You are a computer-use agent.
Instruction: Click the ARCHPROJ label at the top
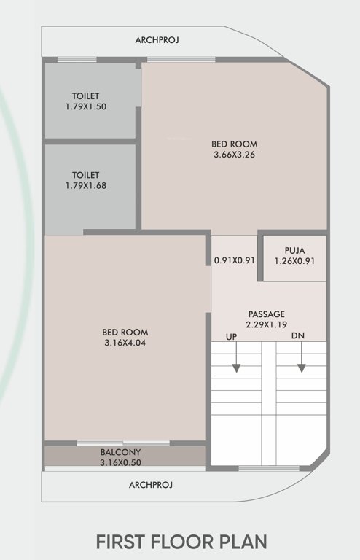pyautogui.click(x=157, y=39)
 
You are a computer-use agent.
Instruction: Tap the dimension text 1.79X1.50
pyautogui.click(x=86, y=106)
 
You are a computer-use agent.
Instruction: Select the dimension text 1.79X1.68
pyautogui.click(x=86, y=186)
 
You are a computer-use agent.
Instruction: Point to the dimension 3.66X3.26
pyautogui.click(x=234, y=155)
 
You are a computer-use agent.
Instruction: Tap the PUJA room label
pyautogui.click(x=294, y=250)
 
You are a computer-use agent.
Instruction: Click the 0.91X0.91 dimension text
pyautogui.click(x=234, y=260)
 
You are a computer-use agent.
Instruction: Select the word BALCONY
pyautogui.click(x=121, y=452)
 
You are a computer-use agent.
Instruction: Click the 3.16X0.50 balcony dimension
pyautogui.click(x=121, y=462)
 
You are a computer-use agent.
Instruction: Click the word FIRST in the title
pyautogui.click(x=120, y=542)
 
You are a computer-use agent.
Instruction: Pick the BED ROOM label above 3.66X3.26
pyautogui.click(x=234, y=144)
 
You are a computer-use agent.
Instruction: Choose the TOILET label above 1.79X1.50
pyautogui.click(x=86, y=96)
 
